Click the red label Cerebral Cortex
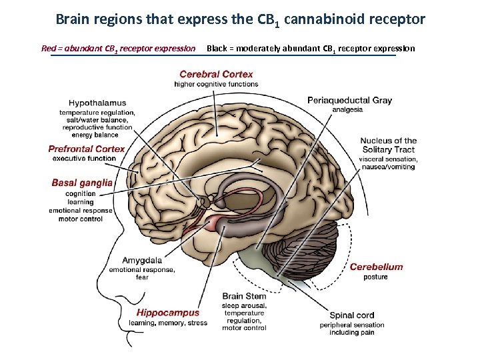216,75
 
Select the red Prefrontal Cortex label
87,149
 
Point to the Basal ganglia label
82,183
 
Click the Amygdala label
142,261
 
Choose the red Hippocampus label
168,313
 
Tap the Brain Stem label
244,296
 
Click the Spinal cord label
351,315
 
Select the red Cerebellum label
376,267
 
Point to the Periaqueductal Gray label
349,101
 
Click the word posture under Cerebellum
375,277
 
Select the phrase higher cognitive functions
216,84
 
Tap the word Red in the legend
49,48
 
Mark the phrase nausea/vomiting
387,167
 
